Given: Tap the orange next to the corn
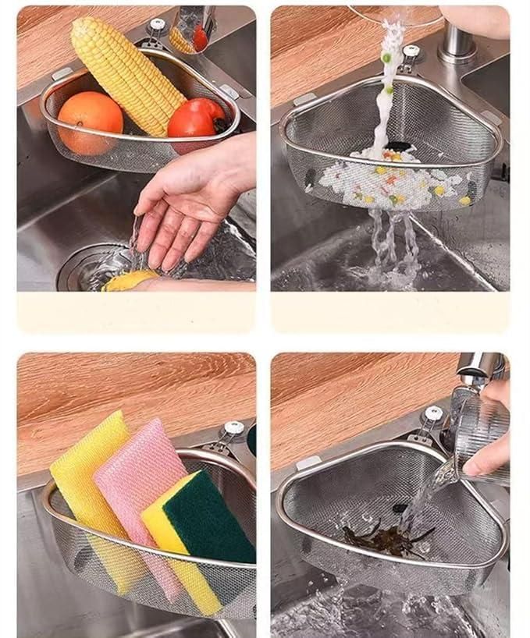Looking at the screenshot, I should (x=90, y=122).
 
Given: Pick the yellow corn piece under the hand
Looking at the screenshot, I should (x=128, y=280).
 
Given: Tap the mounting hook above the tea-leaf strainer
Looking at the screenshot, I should (x=430, y=417).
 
